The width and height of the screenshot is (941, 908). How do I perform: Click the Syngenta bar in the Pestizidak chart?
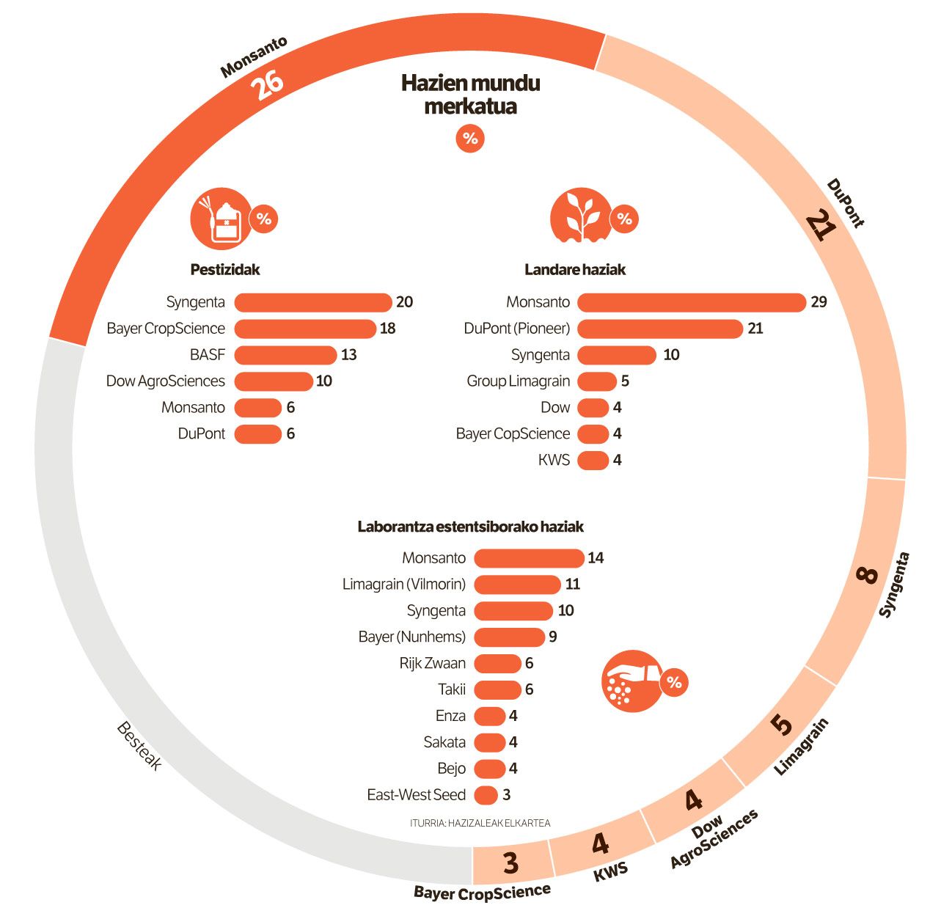[x=313, y=302]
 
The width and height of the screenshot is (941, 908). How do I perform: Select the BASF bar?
[x=285, y=355]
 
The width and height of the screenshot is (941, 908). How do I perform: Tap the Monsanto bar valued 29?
[x=692, y=302]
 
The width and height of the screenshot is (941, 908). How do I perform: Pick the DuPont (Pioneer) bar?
[x=660, y=329]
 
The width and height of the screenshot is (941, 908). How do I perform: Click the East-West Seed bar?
[x=486, y=795]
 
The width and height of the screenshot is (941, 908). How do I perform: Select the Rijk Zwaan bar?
[x=497, y=664]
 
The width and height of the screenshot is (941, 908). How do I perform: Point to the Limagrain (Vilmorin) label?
[x=404, y=585]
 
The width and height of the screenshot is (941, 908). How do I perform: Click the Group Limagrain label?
[x=518, y=381]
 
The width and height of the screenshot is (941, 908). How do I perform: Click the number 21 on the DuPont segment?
[x=820, y=226]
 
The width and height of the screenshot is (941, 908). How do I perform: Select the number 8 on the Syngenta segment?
[x=867, y=574]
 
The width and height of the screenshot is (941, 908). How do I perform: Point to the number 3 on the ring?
[x=510, y=863]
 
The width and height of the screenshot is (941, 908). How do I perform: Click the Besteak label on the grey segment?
[x=139, y=745]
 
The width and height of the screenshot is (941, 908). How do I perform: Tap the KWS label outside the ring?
[x=611, y=871]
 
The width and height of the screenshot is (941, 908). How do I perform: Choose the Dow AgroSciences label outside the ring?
[x=714, y=838]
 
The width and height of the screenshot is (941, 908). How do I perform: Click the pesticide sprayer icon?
[x=220, y=219]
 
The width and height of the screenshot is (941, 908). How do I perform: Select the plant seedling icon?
[x=582, y=216]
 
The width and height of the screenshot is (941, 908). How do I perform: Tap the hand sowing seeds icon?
[x=631, y=681]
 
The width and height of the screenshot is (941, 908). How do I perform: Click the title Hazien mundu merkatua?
[x=471, y=95]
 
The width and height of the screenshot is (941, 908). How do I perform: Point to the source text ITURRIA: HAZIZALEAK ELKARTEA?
[x=480, y=823]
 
